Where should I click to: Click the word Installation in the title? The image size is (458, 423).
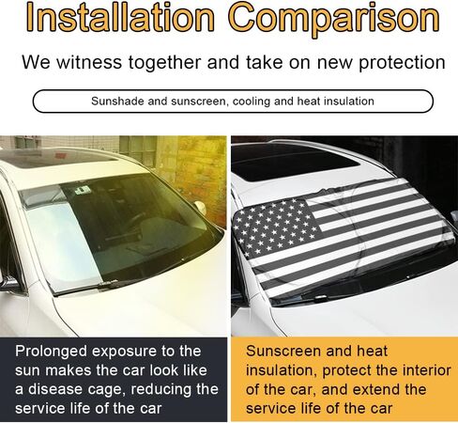pyautogui.click(x=120, y=17)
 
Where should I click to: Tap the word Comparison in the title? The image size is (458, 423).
pyautogui.click(x=334, y=19)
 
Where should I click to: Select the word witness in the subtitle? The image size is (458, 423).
pyautogui.click(x=89, y=62)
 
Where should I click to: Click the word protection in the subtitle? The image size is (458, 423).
pyautogui.click(x=402, y=64)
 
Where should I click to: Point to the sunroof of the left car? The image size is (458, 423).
pyautogui.click(x=56, y=158)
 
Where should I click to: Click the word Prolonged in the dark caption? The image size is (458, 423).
pyautogui.click(x=51, y=352)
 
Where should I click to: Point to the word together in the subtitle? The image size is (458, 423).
pyautogui.click(x=165, y=63)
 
